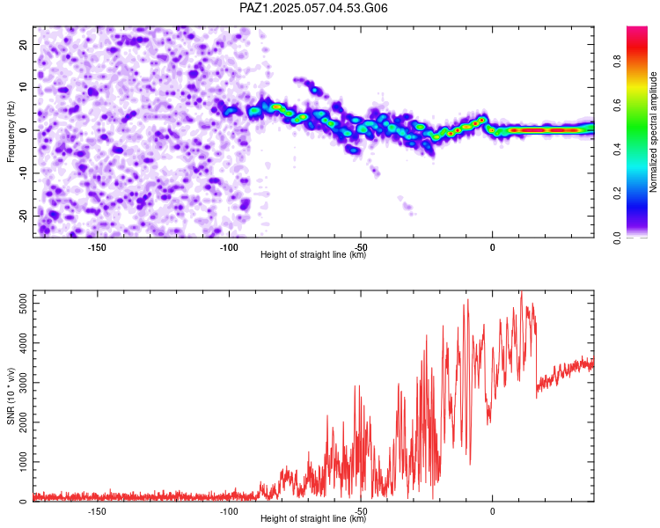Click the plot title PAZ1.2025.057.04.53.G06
(x=313, y=8)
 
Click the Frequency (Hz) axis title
(x=11, y=132)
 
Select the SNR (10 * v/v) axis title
(x=11, y=396)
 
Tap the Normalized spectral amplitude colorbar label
(x=653, y=132)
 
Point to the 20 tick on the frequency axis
(x=24, y=44)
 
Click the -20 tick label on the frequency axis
(x=24, y=216)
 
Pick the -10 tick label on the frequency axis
(x=24, y=173)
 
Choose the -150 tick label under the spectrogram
(x=97, y=247)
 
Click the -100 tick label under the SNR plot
(x=229, y=511)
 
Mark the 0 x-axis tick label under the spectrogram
(x=493, y=247)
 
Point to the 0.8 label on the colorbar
(x=617, y=62)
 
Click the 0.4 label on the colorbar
(x=617, y=149)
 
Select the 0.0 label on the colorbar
(x=617, y=238)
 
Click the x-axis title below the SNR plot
(x=313, y=518)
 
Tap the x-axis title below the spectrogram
(x=313, y=254)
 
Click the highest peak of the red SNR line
(x=522, y=291)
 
